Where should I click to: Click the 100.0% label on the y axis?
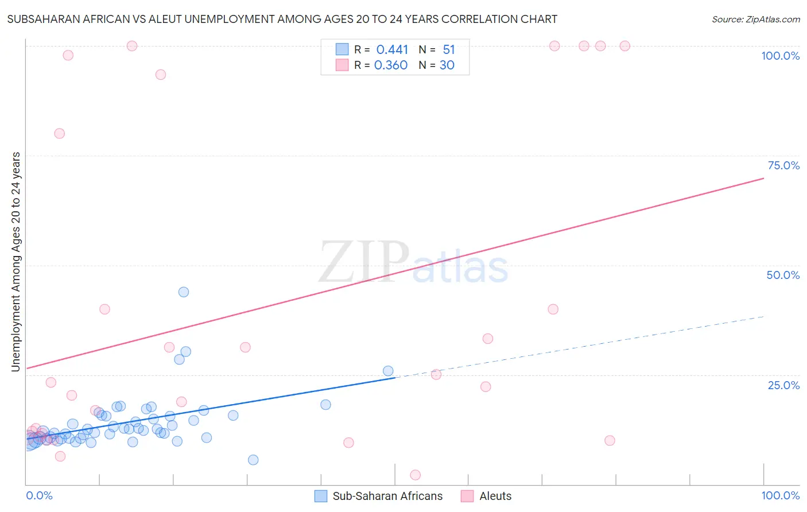780,56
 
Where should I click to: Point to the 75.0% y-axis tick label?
783,165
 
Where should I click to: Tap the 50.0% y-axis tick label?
783,275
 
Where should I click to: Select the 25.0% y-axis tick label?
783,385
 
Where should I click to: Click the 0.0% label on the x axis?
39,495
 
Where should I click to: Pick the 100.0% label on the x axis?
780,495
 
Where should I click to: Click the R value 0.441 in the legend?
392,50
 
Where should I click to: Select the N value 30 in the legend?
447,65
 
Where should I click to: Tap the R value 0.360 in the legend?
391,65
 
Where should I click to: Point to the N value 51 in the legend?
448,50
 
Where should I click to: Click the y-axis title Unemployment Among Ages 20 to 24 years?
16,261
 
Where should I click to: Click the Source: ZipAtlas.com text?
755,20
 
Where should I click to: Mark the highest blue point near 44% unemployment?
184,292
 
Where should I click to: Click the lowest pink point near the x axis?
416,475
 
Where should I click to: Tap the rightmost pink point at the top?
625,46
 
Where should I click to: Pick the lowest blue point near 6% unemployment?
253,460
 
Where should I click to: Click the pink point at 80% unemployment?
59,133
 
